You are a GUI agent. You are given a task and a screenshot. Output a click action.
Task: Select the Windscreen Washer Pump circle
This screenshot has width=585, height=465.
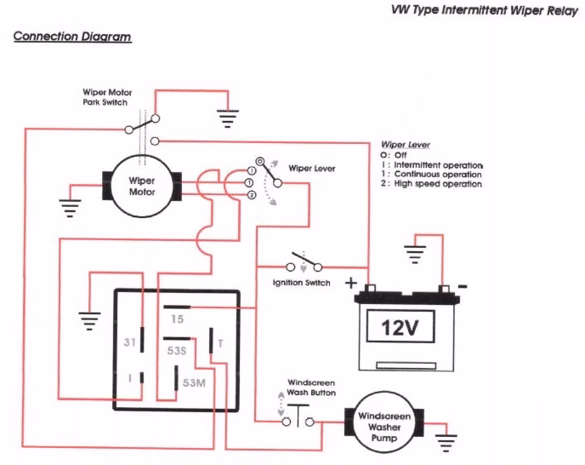(388, 420)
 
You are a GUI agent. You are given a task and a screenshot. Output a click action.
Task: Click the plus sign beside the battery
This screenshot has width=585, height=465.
(349, 282)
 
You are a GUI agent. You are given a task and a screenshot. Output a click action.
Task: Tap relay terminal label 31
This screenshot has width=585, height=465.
(130, 344)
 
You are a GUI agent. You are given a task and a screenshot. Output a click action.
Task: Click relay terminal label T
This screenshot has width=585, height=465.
(220, 343)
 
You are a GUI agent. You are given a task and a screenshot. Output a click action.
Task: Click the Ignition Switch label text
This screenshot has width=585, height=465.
(302, 283)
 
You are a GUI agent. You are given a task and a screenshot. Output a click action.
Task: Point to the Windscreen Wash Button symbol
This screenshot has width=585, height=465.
(298, 417)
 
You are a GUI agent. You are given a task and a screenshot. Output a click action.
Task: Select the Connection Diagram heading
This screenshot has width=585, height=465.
(72, 38)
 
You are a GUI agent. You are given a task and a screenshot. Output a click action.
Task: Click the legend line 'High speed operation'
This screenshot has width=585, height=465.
(436, 184)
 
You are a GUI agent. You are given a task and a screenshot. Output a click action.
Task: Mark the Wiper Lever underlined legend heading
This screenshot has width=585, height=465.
(405, 145)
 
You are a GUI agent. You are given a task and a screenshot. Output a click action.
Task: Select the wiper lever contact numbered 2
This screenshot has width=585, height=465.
(251, 196)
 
